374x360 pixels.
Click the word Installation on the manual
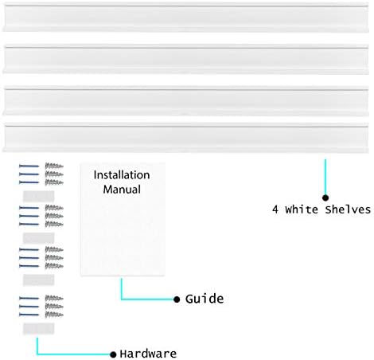[122, 175]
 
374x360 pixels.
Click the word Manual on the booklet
[122, 190]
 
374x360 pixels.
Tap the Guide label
[205, 299]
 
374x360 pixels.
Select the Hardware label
[148, 354]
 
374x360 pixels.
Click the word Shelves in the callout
[348, 209]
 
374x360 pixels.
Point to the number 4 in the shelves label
[275, 209]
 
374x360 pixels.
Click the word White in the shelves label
[302, 209]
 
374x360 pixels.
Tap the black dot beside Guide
[177, 299]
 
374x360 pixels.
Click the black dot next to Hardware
[113, 354]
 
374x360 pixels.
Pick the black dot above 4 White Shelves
[325, 198]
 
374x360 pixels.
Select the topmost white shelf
[185, 18]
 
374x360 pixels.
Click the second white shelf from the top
[185, 60]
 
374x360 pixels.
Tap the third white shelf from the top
[185, 101]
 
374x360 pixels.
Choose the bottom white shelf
[185, 138]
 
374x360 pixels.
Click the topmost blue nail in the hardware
[29, 166]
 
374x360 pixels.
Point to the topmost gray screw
[54, 166]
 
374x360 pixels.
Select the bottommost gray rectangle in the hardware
[38, 329]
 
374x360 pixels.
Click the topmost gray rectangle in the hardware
[38, 197]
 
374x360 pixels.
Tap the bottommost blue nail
[29, 315]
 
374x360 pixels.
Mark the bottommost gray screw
[54, 315]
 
